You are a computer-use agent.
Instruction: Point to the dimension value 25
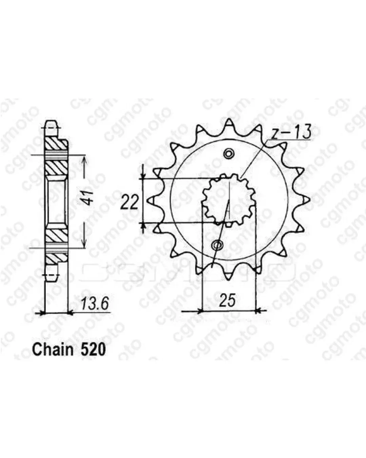pos(228,300)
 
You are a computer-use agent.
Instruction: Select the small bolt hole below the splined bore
pos(217,246)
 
